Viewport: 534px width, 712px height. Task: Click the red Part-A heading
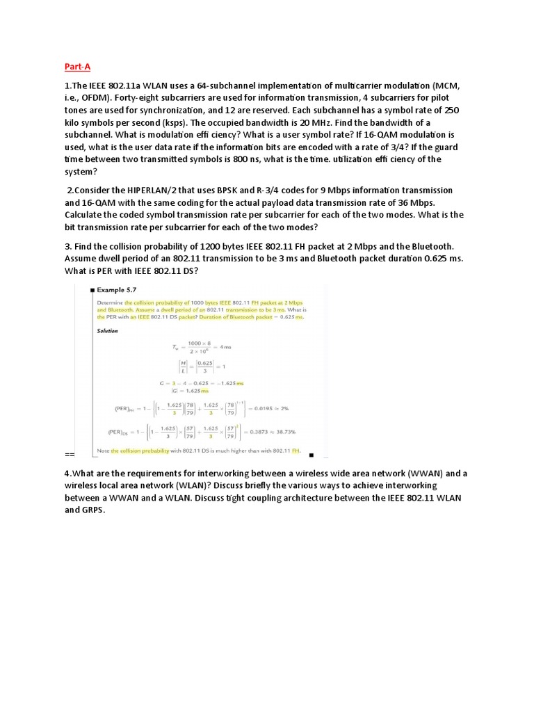[x=77, y=67]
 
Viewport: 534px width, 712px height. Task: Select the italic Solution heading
[x=107, y=331]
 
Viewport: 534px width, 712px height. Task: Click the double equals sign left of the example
[x=70, y=455]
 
